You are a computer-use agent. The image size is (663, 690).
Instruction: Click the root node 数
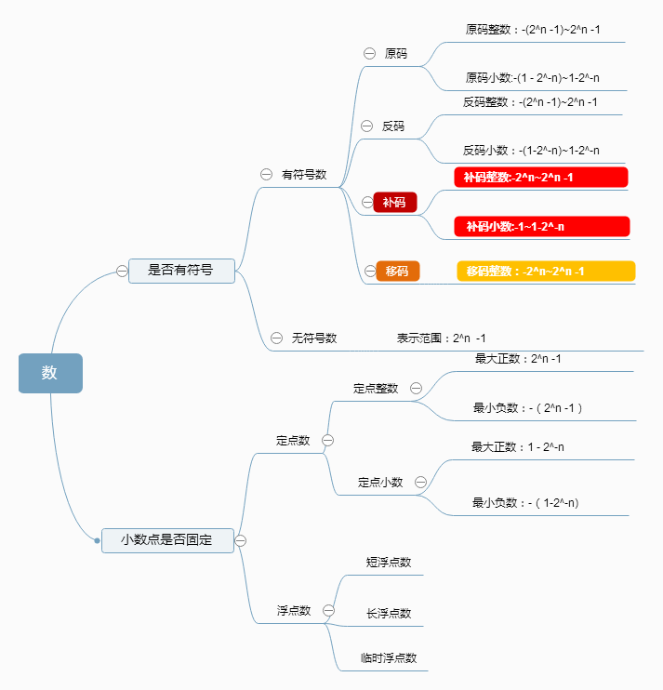pos(50,373)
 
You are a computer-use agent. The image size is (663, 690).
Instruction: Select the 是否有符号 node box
pos(181,271)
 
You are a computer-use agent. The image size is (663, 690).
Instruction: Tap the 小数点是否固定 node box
pos(167,539)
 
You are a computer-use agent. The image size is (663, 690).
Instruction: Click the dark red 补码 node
pos(394,202)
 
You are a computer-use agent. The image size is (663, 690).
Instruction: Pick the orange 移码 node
pos(397,271)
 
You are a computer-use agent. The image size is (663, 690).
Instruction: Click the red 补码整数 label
pos(540,177)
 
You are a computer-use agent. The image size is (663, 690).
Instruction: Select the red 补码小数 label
pos(541,226)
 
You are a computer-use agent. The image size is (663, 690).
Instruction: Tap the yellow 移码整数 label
pos(546,271)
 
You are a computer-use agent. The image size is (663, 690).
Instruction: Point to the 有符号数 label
pos(304,174)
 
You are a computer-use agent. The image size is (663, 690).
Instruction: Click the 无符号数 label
pos(313,338)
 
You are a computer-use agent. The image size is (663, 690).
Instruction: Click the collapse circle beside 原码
pos(369,53)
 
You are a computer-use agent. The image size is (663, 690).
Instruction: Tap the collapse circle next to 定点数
pos(327,440)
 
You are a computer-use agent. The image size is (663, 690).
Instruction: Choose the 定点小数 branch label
pos(380,482)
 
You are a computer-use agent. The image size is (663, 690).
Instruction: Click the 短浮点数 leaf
pos(389,562)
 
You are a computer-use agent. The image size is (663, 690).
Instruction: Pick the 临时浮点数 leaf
pos(389,657)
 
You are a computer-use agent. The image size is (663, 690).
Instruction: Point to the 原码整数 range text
pos(533,30)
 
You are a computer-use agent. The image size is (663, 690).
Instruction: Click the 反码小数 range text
pos(531,150)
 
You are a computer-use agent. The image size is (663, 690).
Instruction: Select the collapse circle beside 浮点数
pos(328,610)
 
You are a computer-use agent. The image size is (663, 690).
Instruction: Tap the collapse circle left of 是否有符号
pos(122,271)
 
